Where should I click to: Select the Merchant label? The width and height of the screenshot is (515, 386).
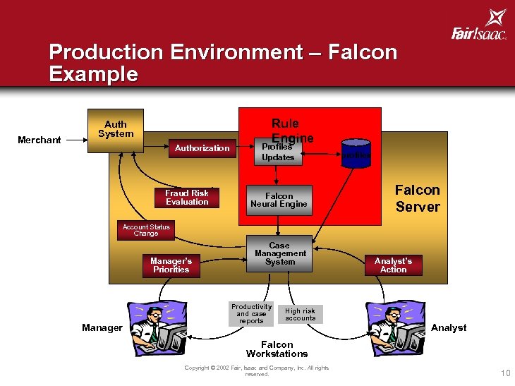40,140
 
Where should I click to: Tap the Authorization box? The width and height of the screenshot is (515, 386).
202,148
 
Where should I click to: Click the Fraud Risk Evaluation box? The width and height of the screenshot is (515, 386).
187,198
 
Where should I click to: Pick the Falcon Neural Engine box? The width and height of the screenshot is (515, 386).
279,200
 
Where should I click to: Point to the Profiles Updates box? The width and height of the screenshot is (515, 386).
278,153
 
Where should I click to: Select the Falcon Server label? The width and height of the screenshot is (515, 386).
417,198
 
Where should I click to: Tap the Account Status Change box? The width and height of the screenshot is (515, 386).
146,231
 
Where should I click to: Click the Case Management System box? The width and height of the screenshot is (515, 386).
280,253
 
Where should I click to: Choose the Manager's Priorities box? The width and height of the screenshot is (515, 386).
171,265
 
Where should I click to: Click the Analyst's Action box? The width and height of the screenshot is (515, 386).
393,265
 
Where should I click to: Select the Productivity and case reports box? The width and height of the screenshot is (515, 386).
251,314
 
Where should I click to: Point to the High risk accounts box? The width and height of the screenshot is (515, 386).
301,314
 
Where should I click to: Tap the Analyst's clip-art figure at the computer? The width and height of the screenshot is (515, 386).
396,327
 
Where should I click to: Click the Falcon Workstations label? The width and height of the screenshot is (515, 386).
277,349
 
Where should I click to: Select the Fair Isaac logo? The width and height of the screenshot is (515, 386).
479,28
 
